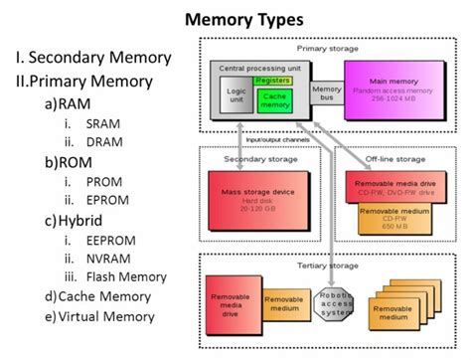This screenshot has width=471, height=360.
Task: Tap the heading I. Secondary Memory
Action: pos(92,57)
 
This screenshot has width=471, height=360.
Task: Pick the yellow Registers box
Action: pos(272,79)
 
